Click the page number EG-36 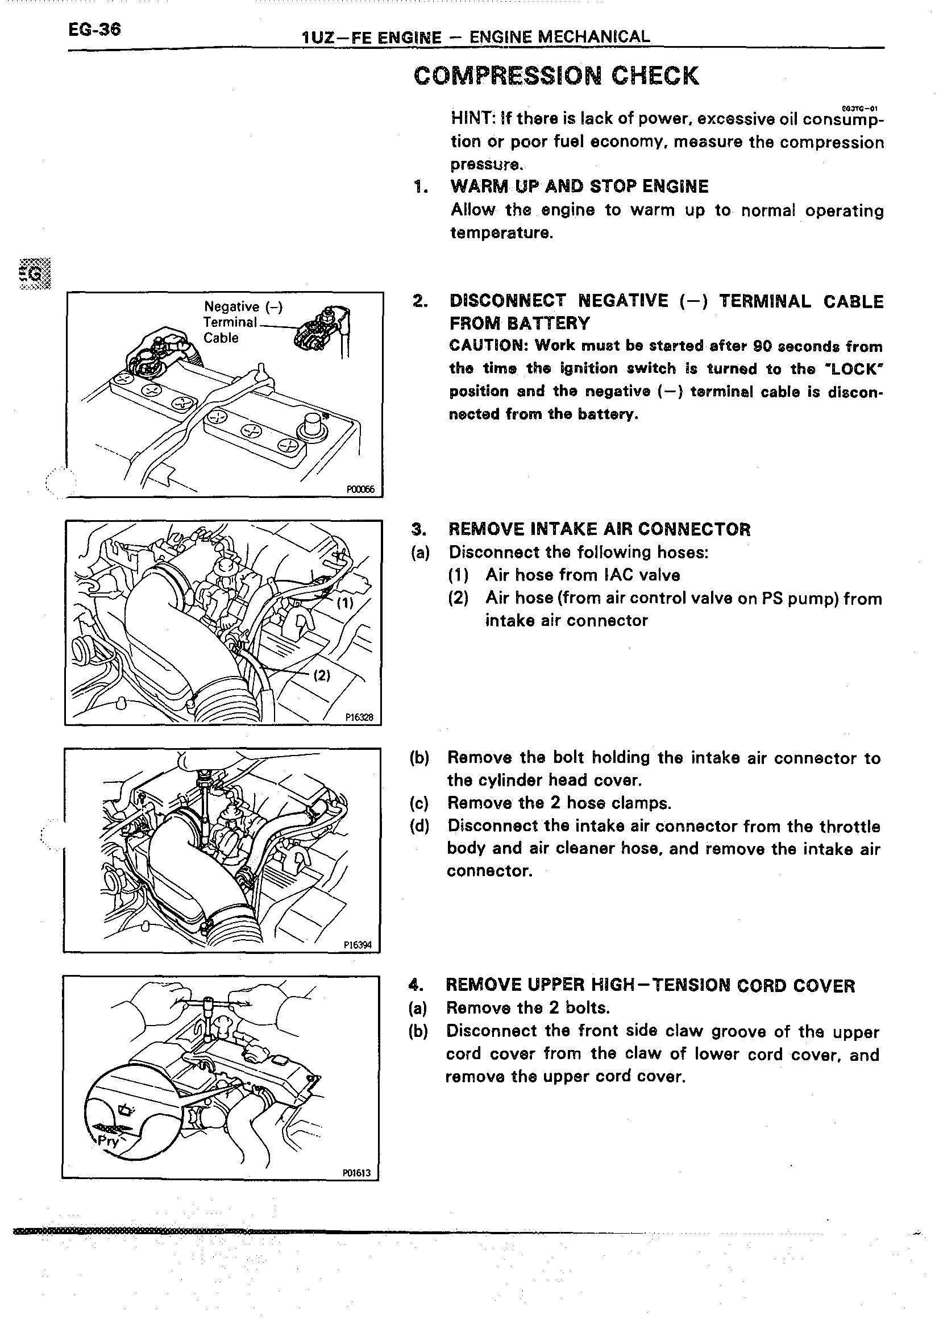coord(94,30)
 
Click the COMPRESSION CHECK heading coord(556,76)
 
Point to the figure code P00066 coord(360,489)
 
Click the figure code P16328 coord(359,717)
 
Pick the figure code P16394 coord(358,945)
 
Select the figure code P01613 coord(356,1173)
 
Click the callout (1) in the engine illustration coord(345,603)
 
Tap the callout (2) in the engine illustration coord(322,675)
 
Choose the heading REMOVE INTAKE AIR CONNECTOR coord(599,529)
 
